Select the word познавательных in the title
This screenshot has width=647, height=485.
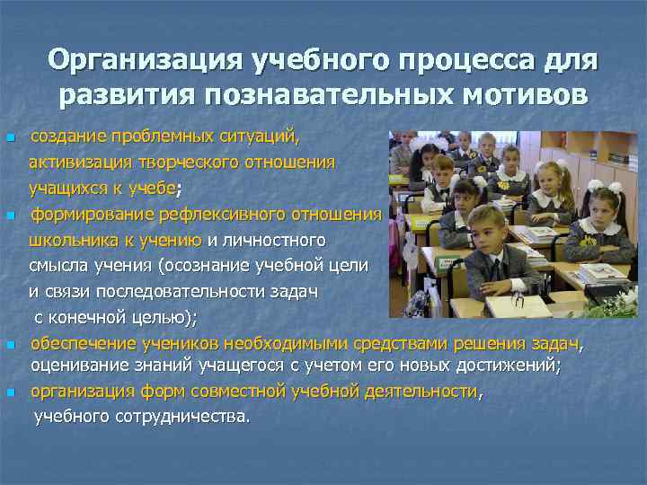[319, 95]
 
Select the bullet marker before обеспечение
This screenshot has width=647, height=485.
[9, 345]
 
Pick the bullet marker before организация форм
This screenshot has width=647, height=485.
[9, 393]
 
